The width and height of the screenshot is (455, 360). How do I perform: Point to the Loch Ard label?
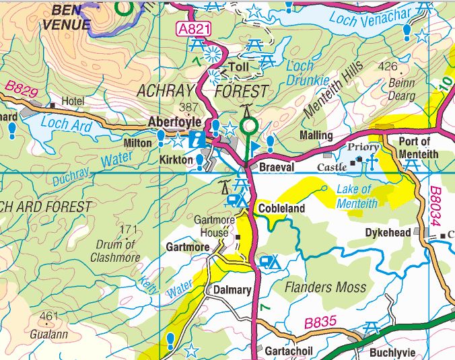65,124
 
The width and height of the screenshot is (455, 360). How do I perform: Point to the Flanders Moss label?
326,287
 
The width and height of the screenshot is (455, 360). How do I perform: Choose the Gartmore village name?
187,247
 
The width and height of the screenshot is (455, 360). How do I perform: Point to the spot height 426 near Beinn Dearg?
388,66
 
